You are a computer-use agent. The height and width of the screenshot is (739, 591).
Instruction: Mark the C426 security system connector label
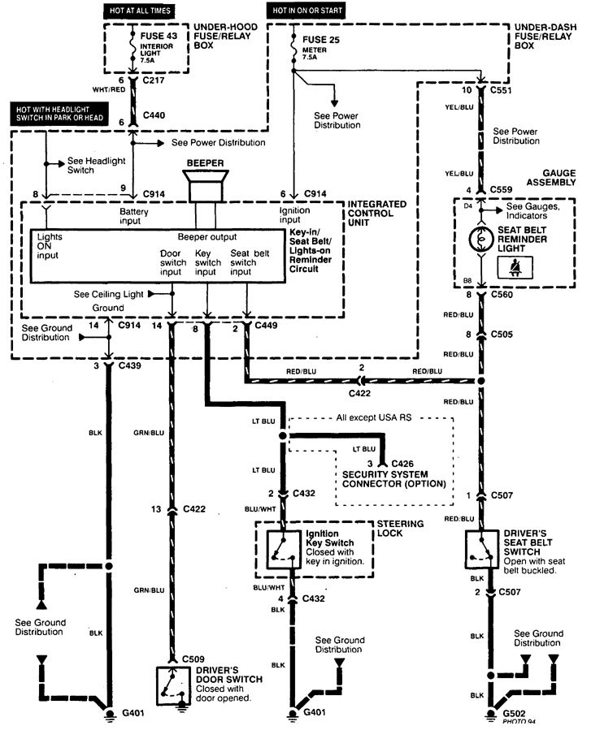pyautogui.click(x=403, y=463)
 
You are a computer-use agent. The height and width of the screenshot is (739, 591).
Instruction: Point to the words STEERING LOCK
pyautogui.click(x=400, y=529)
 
